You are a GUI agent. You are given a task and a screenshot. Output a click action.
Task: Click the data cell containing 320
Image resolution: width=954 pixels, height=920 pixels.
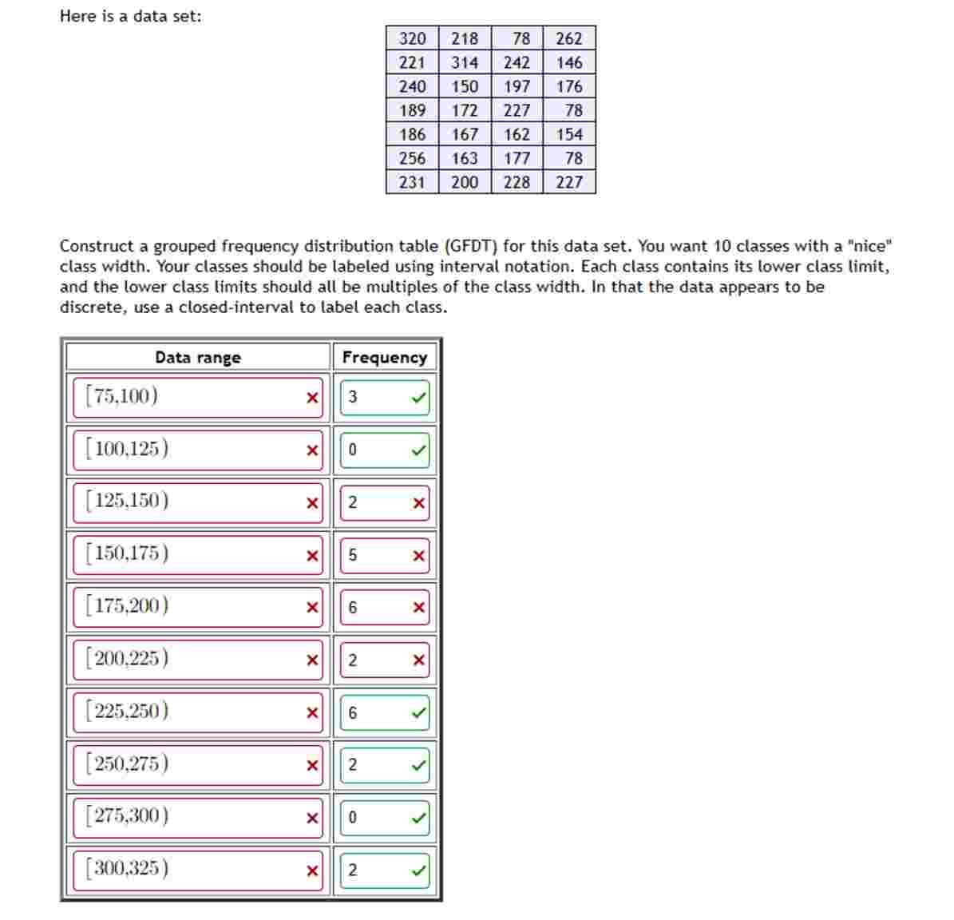tap(412, 38)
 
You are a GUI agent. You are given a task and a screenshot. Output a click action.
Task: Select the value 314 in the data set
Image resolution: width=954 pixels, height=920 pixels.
tap(465, 62)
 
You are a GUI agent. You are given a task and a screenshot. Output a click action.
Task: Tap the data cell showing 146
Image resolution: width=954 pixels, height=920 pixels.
tap(569, 62)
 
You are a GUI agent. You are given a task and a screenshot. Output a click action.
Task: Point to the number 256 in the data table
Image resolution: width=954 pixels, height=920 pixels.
tap(412, 158)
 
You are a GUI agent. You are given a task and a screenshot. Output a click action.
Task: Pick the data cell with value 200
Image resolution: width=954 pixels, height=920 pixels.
tap(465, 182)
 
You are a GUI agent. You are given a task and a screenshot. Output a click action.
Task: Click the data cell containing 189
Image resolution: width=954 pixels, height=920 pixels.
tap(412, 110)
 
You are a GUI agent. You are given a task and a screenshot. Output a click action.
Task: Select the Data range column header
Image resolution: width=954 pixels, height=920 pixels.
tap(197, 357)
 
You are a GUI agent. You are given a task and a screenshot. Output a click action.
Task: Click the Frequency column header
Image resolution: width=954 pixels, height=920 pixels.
tap(384, 357)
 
